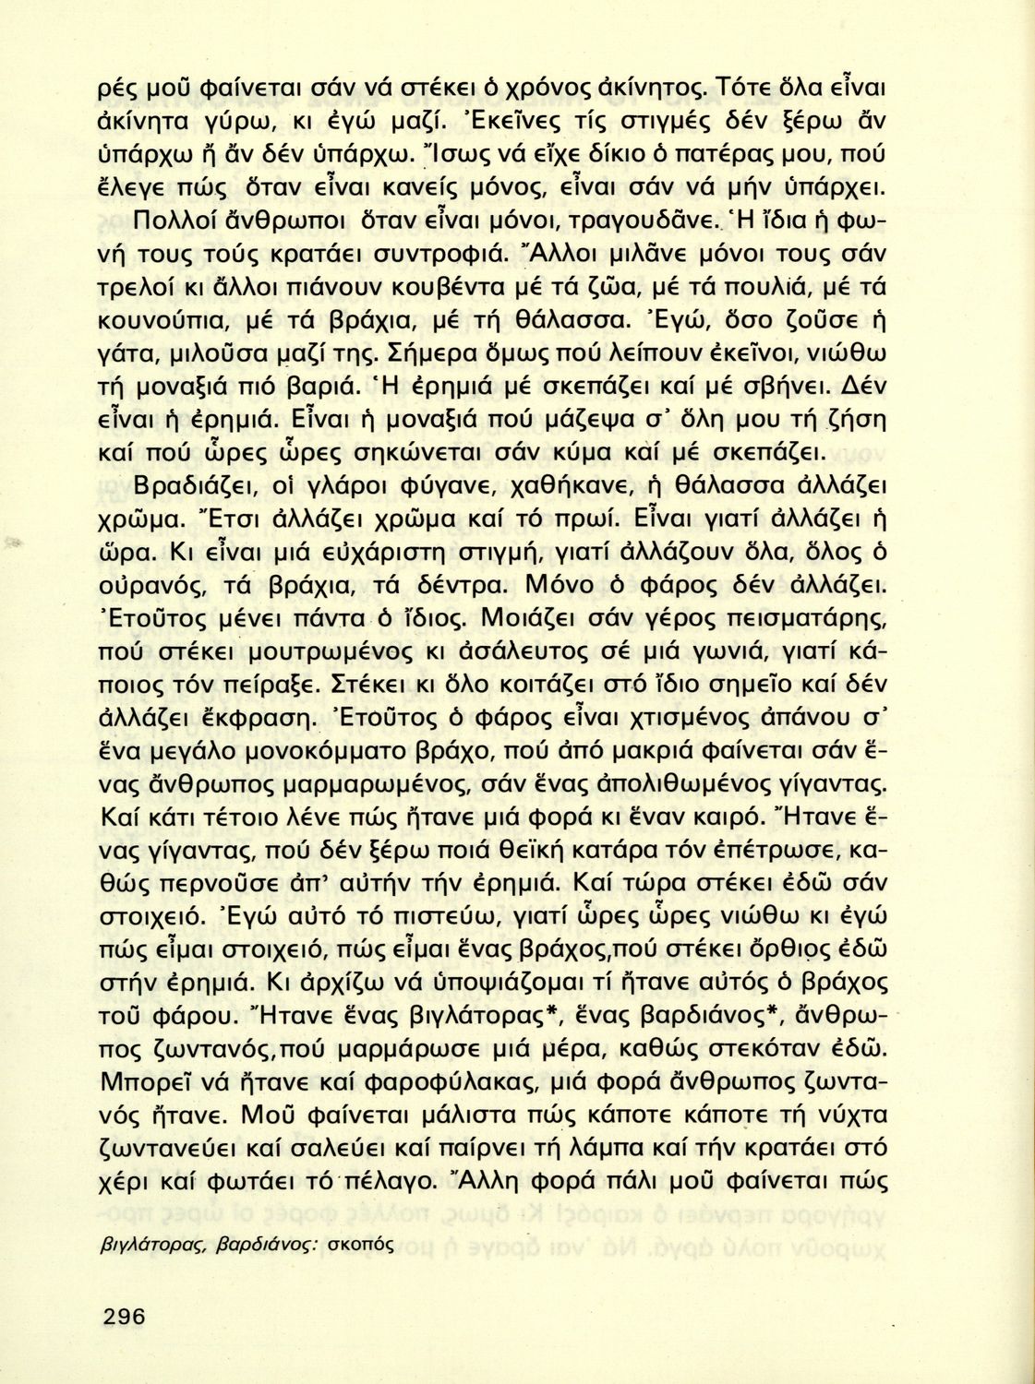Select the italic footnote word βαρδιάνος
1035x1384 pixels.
tap(270, 1244)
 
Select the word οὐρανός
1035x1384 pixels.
tap(155, 587)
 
